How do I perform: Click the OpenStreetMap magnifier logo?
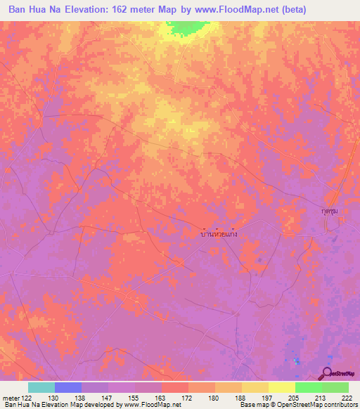point(327,374)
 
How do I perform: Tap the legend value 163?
point(162,397)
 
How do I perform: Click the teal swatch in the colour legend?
point(41,387)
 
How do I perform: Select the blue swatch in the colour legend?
point(68,387)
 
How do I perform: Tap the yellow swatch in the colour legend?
point(281,387)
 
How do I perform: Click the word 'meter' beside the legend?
point(11,397)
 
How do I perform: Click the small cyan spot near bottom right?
point(296,361)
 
